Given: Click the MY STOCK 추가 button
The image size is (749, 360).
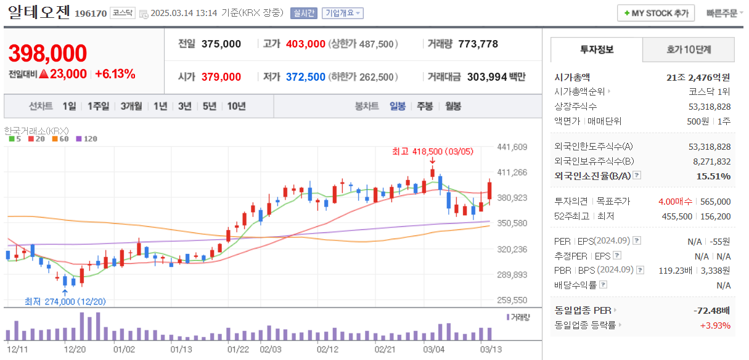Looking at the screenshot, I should pyautogui.click(x=656, y=13).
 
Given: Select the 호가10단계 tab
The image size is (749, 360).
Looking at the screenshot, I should pyautogui.click(x=689, y=50).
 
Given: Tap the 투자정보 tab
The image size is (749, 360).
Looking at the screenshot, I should pyautogui.click(x=596, y=50).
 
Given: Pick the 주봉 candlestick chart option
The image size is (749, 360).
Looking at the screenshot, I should pyautogui.click(x=425, y=106).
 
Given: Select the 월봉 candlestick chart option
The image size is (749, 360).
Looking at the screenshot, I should pyautogui.click(x=453, y=106).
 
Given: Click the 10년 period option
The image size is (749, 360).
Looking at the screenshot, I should pyautogui.click(x=236, y=106).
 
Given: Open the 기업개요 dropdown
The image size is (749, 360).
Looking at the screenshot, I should pyautogui.click(x=343, y=13).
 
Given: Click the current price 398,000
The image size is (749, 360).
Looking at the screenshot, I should pyautogui.click(x=47, y=54).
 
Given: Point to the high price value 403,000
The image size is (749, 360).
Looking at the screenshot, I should pyautogui.click(x=305, y=44).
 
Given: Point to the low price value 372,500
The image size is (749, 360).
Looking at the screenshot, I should pyautogui.click(x=305, y=77).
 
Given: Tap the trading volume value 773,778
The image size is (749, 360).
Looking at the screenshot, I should pyautogui.click(x=478, y=44).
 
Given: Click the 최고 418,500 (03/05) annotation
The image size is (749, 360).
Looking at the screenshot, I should pyautogui.click(x=432, y=151).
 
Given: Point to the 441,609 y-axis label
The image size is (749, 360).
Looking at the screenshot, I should pyautogui.click(x=512, y=147).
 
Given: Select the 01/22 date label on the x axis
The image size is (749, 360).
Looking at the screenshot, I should pyautogui.click(x=238, y=349).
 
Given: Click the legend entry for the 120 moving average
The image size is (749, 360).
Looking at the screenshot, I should pyautogui.click(x=87, y=139).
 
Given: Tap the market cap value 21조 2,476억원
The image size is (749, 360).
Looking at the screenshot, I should pyautogui.click(x=698, y=77).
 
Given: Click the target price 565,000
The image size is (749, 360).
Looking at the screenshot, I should pyautogui.click(x=715, y=202).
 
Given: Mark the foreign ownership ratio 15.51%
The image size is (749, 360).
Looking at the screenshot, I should pyautogui.click(x=715, y=176).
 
